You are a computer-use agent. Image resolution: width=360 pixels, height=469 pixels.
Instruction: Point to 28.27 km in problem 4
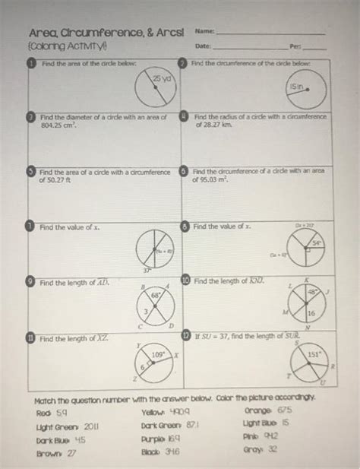point(209,128)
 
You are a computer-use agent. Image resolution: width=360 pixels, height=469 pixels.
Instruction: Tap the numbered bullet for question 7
point(30,227)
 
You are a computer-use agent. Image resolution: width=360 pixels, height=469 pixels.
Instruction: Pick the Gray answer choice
point(261,449)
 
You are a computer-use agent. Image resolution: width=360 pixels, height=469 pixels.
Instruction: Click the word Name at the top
point(203,32)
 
